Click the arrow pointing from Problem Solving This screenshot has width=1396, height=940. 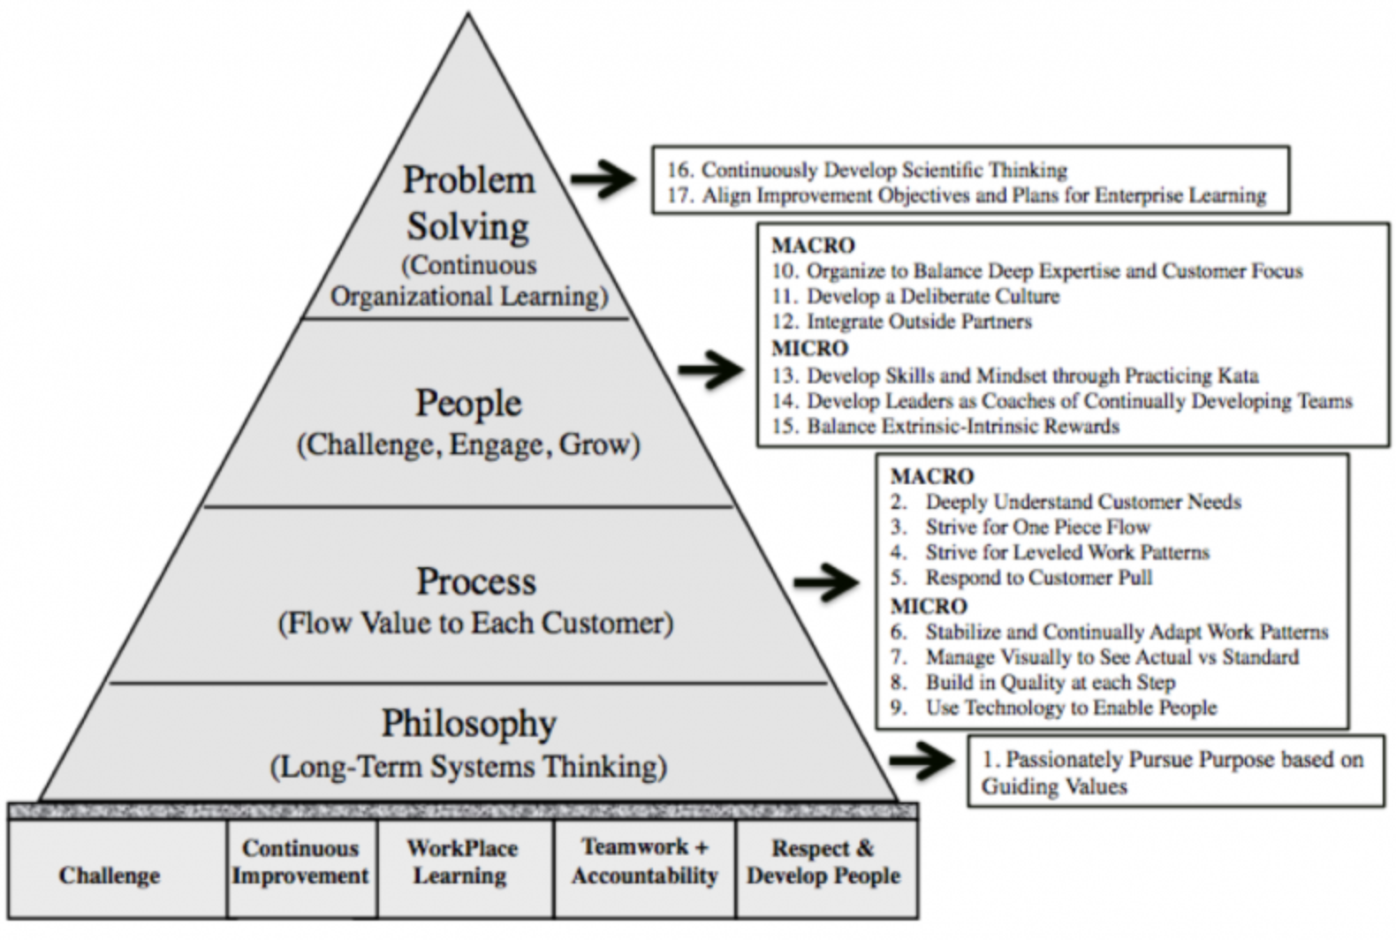[603, 179]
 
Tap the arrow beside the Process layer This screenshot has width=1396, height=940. [826, 582]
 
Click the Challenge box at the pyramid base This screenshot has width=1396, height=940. [110, 875]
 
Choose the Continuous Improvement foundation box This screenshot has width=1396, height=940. [300, 862]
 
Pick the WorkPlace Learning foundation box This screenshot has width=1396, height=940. [462, 862]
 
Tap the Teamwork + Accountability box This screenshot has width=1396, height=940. [644, 862]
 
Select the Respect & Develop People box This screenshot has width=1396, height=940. [823, 862]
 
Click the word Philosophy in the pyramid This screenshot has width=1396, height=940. [469, 724]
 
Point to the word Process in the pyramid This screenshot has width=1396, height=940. [476, 582]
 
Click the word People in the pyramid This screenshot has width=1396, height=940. [469, 403]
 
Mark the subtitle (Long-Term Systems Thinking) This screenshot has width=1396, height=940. [468, 766]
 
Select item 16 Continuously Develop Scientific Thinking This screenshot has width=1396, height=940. [867, 170]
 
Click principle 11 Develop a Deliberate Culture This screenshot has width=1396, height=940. [915, 296]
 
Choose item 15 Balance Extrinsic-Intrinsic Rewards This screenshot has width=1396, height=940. [945, 426]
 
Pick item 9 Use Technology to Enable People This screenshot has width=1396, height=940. [1054, 708]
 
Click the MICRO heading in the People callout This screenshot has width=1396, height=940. [809, 348]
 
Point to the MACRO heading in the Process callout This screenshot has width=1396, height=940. [932, 476]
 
